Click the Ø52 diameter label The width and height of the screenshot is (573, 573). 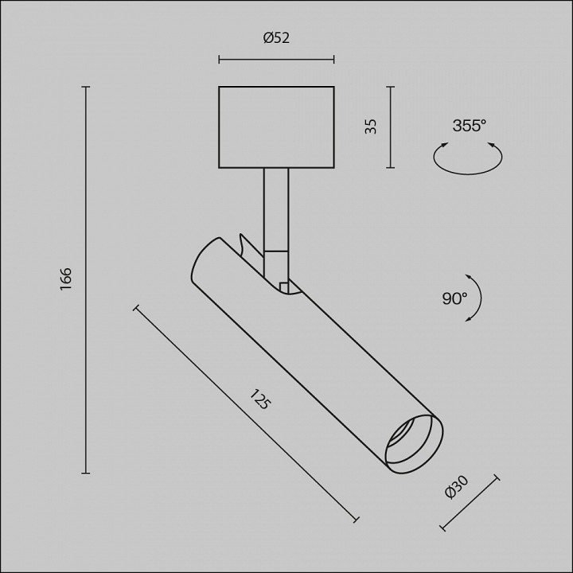276,37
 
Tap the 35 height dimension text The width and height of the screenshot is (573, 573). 371,126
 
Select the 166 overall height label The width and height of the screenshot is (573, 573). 66,279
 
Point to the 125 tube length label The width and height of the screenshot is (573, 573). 260,400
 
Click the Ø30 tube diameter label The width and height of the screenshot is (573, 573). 457,486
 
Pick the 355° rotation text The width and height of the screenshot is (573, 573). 469,126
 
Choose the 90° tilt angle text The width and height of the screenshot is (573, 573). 454,298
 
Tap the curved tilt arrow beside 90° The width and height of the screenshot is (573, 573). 478,298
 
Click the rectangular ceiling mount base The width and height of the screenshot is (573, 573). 276,127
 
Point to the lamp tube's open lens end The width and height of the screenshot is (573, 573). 413,442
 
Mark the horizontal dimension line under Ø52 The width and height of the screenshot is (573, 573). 276,59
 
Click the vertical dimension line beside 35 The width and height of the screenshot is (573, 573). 390,127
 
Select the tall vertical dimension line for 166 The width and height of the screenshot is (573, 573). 86,279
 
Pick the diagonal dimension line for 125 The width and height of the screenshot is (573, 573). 246,414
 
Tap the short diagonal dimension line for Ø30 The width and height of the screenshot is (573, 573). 469,503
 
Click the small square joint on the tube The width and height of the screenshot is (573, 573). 284,286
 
